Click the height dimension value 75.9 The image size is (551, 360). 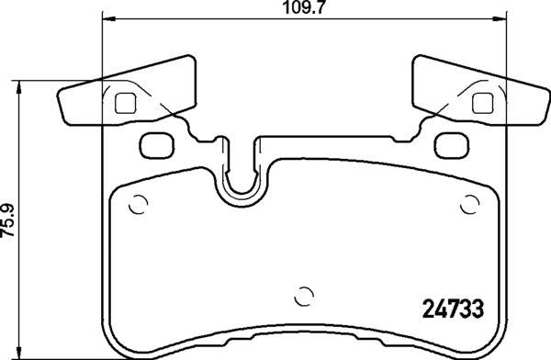click(7, 220)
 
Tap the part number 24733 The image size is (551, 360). click(453, 309)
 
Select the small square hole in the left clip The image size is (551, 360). click(126, 103)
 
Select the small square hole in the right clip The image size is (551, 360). click(482, 103)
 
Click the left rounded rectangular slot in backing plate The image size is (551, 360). click(157, 145)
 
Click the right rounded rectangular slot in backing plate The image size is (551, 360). click(452, 145)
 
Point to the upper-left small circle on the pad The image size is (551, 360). click(138, 204)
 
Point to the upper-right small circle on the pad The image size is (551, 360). click(470, 204)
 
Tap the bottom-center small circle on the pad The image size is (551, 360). click(304, 296)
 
